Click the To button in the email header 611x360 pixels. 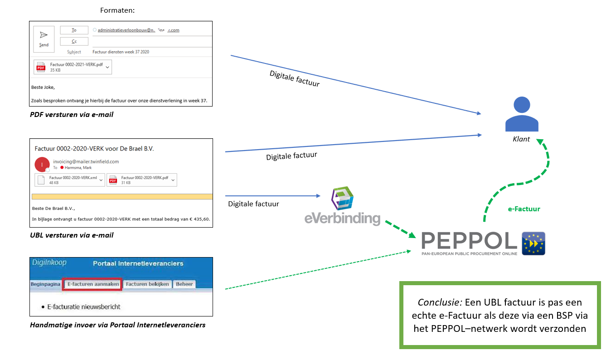point(74,30)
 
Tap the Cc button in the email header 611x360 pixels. point(74,41)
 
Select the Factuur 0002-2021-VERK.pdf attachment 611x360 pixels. point(73,67)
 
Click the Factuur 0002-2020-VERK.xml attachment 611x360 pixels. point(70,180)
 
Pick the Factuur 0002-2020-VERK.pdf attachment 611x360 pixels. point(141,180)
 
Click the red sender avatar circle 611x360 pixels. point(42,165)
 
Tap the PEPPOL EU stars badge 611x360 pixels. point(533,243)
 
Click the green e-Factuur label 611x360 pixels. point(524,209)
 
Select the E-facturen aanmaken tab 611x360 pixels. point(92,284)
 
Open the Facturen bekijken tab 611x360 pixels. point(147,284)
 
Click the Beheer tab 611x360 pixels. point(184,284)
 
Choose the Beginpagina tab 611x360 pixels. point(45,284)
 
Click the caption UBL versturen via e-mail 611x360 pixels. point(72,235)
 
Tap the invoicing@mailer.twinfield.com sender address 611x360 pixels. point(86,161)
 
